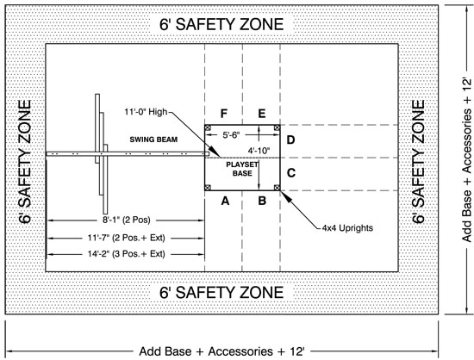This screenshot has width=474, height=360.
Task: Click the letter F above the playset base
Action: [x=224, y=114]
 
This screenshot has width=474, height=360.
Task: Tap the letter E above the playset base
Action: [x=262, y=114]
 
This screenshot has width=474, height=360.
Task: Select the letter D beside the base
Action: [x=290, y=140]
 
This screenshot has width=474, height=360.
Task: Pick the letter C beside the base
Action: [x=290, y=173]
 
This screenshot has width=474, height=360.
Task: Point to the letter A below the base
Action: [x=225, y=201]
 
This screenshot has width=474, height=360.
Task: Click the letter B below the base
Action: [x=262, y=201]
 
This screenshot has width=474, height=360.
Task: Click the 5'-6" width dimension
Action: [x=231, y=135]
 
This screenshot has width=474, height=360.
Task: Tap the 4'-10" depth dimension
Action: [x=259, y=150]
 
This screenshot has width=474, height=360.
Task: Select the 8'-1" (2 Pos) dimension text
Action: [x=127, y=220]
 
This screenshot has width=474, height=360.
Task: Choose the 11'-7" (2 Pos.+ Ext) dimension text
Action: [x=127, y=238]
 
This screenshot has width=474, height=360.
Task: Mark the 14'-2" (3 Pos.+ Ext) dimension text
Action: [x=127, y=254]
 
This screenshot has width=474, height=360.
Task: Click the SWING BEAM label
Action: [x=153, y=140]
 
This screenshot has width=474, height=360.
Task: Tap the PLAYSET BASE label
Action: [x=242, y=169]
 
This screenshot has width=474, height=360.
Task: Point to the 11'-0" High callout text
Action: [x=146, y=112]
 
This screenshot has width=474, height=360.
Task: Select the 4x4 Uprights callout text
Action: [x=347, y=227]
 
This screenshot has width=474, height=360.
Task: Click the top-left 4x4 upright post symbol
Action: [x=208, y=127]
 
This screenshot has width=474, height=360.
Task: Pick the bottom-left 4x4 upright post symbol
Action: [x=208, y=188]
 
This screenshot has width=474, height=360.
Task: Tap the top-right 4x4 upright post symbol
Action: [x=277, y=127]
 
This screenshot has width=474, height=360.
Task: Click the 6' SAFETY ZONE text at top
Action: [x=221, y=24]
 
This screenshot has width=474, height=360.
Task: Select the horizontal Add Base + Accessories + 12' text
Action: [x=221, y=351]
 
